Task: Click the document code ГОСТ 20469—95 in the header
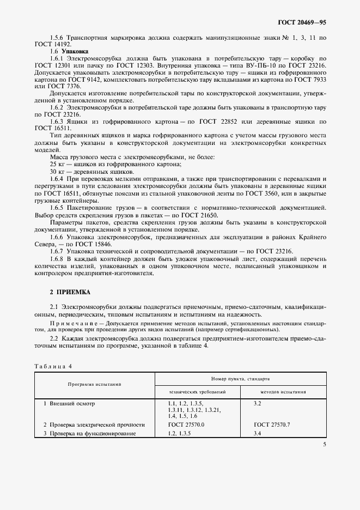303,23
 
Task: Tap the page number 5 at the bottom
324,445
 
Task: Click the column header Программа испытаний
94,384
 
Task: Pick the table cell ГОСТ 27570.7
272,424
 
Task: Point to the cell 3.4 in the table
258,433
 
